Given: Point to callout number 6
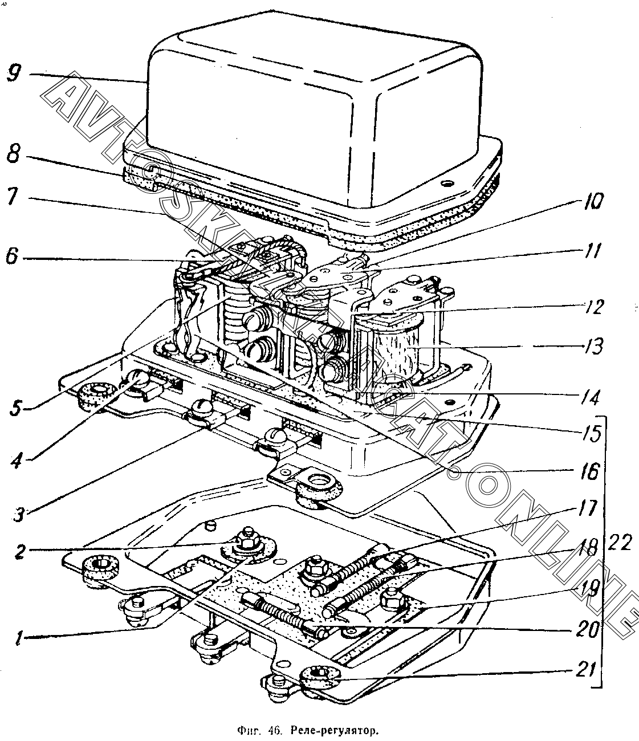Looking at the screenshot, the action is pos(12,257).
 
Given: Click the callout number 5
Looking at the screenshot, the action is pos(16,407).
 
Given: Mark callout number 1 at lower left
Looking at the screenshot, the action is pos(19,637).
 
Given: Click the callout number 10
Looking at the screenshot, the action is pos(591,201).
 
